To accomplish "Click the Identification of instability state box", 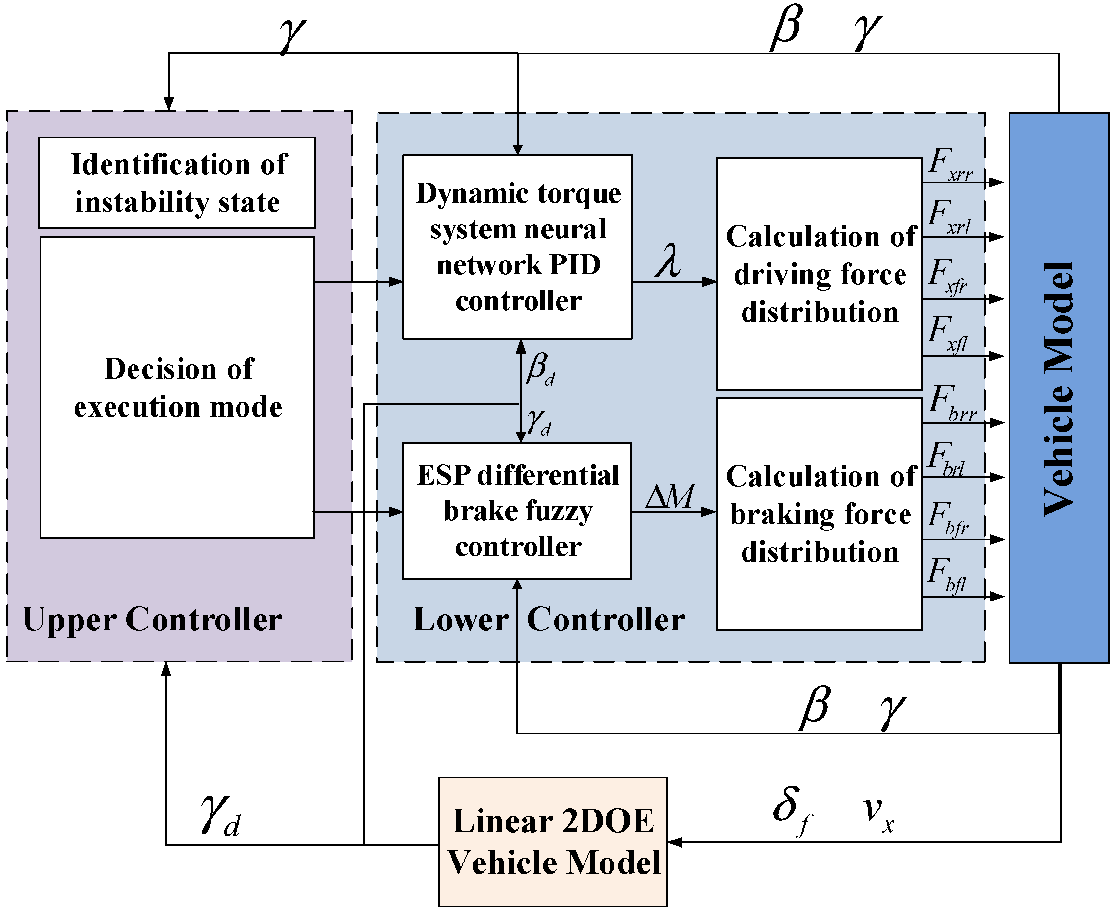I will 177,183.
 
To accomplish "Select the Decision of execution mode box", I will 177,387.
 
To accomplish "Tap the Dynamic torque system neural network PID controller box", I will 517,246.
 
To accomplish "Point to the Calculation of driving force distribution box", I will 819,274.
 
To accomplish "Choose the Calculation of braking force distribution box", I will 819,514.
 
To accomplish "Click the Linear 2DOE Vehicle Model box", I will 553,841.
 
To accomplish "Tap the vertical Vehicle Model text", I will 1059,388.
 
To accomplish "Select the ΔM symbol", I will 670,496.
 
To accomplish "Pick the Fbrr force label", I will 952,404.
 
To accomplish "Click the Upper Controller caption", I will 152,619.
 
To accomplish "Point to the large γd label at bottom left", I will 220,814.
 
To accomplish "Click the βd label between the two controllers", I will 540,369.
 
